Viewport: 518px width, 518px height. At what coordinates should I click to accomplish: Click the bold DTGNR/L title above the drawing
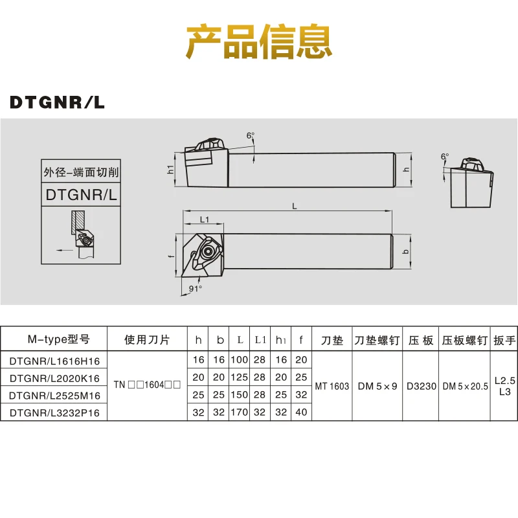pyautogui.click(x=57, y=102)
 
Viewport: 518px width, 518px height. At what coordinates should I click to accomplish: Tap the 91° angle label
pyautogui.click(x=196, y=288)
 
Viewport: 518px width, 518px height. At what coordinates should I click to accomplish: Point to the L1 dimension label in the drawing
pyautogui.click(x=204, y=220)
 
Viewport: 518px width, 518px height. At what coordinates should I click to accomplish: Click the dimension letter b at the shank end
pyautogui.click(x=405, y=251)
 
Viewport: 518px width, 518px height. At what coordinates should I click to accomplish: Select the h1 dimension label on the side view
pyautogui.click(x=170, y=169)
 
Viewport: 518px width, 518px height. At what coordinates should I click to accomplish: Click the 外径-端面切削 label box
pyautogui.click(x=81, y=173)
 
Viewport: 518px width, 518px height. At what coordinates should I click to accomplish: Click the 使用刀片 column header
pyautogui.click(x=146, y=339)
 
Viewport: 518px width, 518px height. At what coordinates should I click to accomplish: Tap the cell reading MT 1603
pyautogui.click(x=332, y=386)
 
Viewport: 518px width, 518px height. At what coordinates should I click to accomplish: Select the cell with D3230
pyautogui.click(x=420, y=386)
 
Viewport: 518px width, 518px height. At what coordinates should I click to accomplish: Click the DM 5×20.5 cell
pyautogui.click(x=465, y=386)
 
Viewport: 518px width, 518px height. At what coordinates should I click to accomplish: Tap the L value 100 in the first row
pyautogui.click(x=240, y=359)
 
